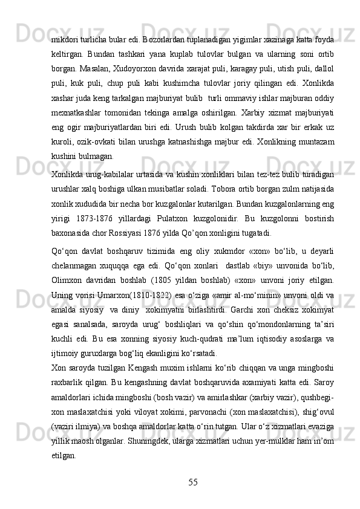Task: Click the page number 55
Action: click(x=192, y=482)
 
